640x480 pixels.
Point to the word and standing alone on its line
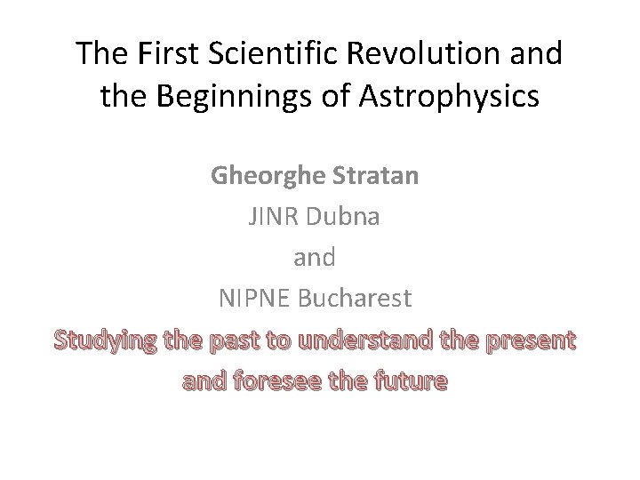point(315,258)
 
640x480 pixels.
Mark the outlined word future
point(410,381)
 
